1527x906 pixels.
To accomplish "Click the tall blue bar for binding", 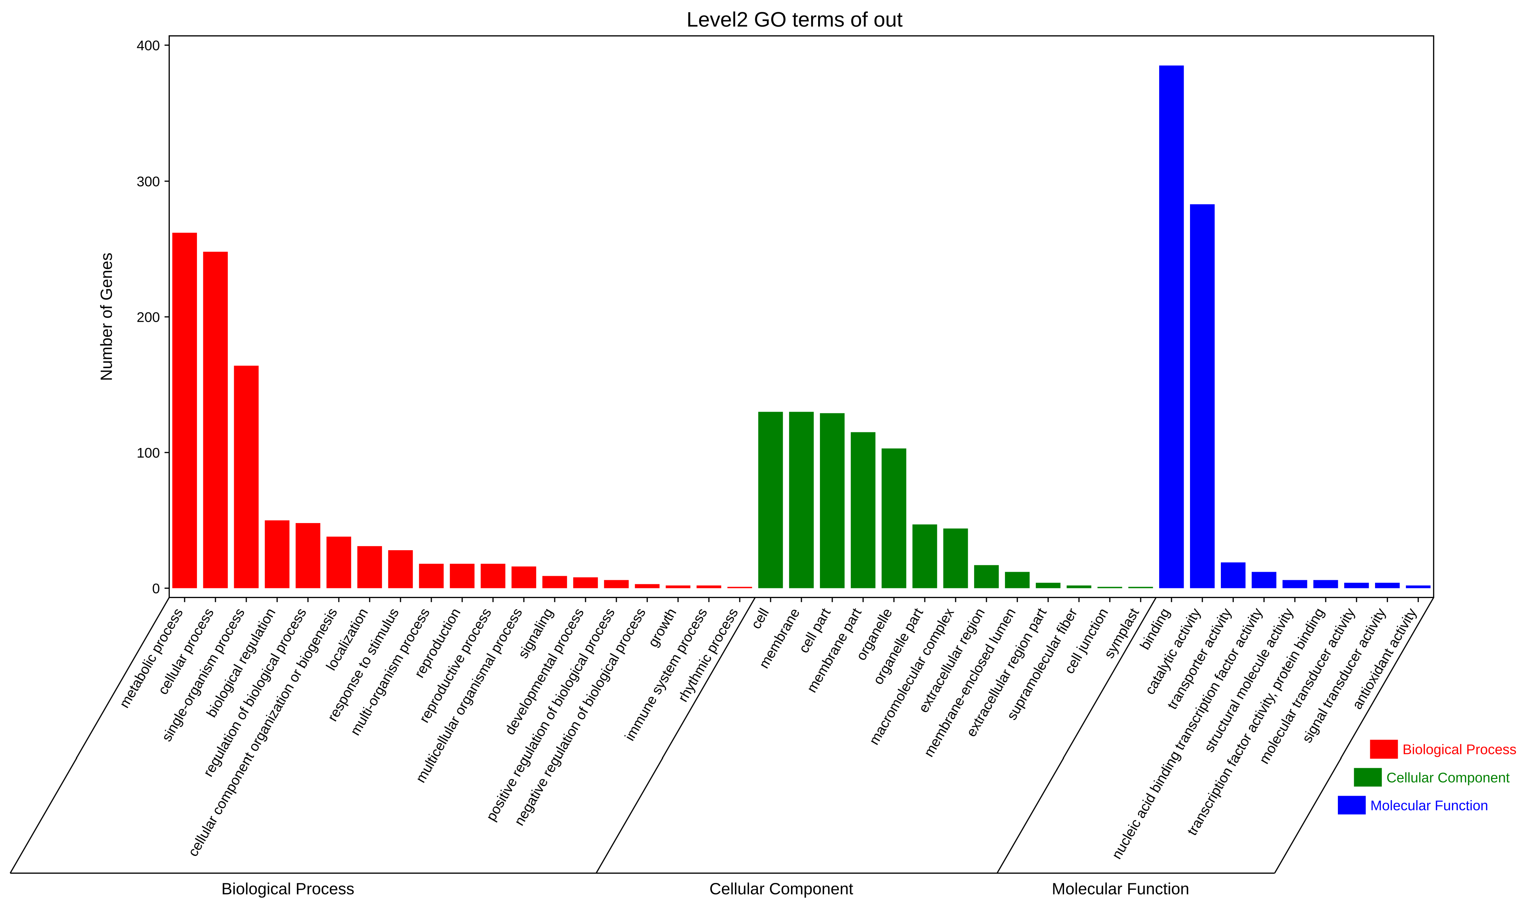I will [x=1171, y=327].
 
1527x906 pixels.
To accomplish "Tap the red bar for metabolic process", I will [x=184, y=410].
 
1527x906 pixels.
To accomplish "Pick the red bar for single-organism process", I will [x=246, y=477].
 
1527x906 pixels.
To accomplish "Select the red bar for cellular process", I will [x=215, y=420].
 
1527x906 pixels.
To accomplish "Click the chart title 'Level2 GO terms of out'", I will [x=794, y=20].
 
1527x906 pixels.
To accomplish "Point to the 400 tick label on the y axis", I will [x=148, y=46].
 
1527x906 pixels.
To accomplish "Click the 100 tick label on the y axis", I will [x=148, y=453].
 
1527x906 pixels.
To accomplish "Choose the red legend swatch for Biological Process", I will [x=1384, y=749].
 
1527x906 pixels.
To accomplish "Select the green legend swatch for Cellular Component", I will [x=1368, y=777].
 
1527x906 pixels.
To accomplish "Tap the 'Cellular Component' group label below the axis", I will [x=781, y=889].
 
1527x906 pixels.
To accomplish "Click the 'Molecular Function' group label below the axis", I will [x=1120, y=889].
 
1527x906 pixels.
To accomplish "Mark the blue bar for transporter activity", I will [x=1233, y=575].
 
